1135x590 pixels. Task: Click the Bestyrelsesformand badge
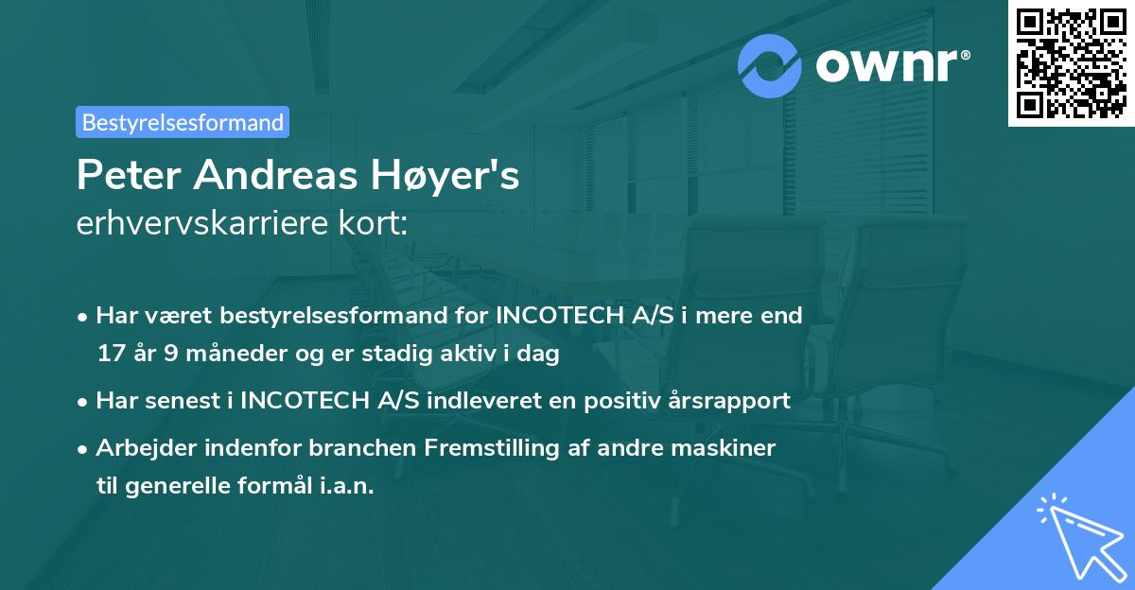(x=182, y=122)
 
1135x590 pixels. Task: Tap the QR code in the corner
(x=1072, y=63)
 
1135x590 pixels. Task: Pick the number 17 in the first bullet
(x=110, y=355)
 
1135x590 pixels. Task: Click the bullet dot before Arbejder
(x=83, y=448)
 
